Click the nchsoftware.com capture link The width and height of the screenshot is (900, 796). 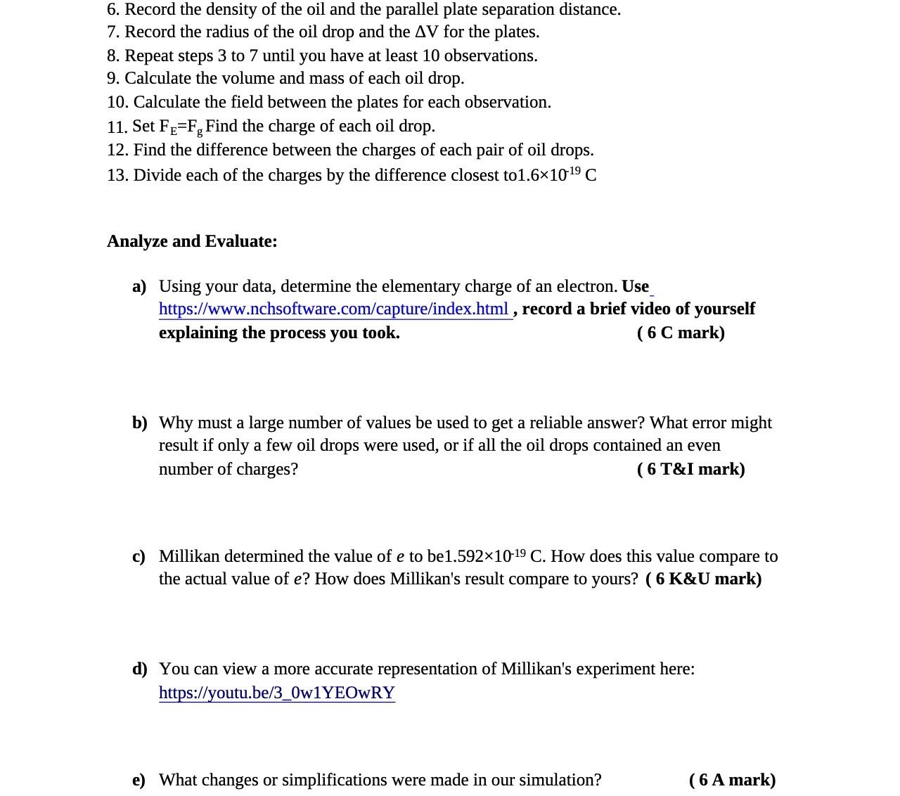point(333,309)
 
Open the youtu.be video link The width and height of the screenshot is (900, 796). point(276,693)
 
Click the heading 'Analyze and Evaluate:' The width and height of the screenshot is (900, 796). point(192,241)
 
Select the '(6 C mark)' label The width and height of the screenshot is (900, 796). point(680,333)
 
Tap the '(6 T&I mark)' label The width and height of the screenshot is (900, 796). point(690,469)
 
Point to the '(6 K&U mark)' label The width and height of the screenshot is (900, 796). point(703,579)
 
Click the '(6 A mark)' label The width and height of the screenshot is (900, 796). point(732,780)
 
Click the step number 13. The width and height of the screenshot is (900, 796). point(117,175)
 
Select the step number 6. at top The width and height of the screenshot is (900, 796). point(113,10)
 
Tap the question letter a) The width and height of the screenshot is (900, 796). point(139,286)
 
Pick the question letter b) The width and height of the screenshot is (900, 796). point(139,423)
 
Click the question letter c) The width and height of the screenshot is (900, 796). point(139,556)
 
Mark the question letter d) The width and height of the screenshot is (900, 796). point(139,669)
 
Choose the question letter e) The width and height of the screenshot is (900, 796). point(139,780)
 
